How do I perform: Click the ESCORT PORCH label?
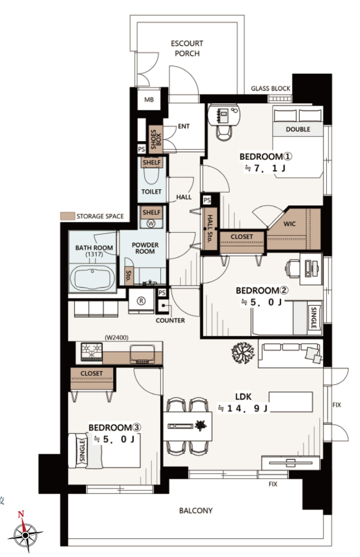(187, 48)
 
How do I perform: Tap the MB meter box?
(149, 99)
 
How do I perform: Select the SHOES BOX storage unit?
(156, 139)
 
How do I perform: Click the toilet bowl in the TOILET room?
(152, 175)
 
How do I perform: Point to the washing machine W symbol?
(151, 223)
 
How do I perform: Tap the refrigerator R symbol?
(141, 301)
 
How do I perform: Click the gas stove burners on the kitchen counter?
(92, 352)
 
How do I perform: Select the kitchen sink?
(142, 354)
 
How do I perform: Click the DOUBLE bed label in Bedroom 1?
(298, 129)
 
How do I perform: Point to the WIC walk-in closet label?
(289, 224)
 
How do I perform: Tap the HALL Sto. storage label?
(210, 229)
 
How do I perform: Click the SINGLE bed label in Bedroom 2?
(314, 318)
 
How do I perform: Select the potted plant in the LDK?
(243, 353)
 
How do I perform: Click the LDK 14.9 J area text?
(243, 403)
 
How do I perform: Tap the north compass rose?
(25, 533)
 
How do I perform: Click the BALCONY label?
(196, 511)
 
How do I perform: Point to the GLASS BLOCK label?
(271, 88)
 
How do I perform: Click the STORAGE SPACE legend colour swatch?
(67, 216)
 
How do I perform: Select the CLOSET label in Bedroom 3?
(91, 373)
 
